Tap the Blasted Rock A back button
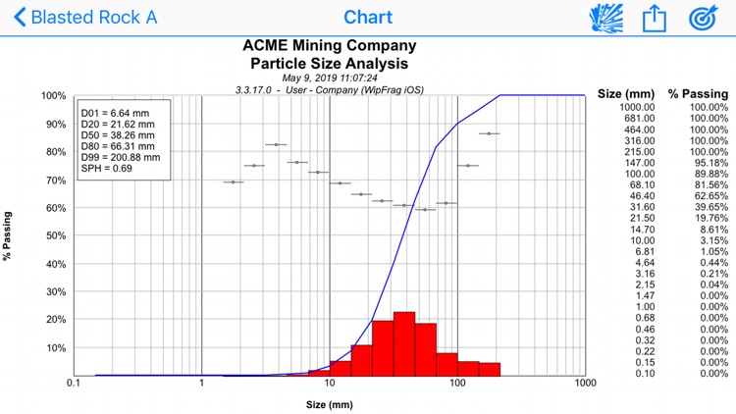point(83,18)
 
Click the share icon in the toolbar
point(655,18)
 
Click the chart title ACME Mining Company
point(329,45)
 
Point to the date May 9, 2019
point(329,77)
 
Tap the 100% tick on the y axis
point(53,96)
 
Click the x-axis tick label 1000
point(585,385)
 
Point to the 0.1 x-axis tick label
point(73,385)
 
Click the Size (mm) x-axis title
point(329,403)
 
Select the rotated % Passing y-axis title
point(8,235)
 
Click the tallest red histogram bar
point(404,343)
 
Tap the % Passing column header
point(698,94)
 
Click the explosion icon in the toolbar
point(605,18)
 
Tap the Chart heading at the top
point(368,18)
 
